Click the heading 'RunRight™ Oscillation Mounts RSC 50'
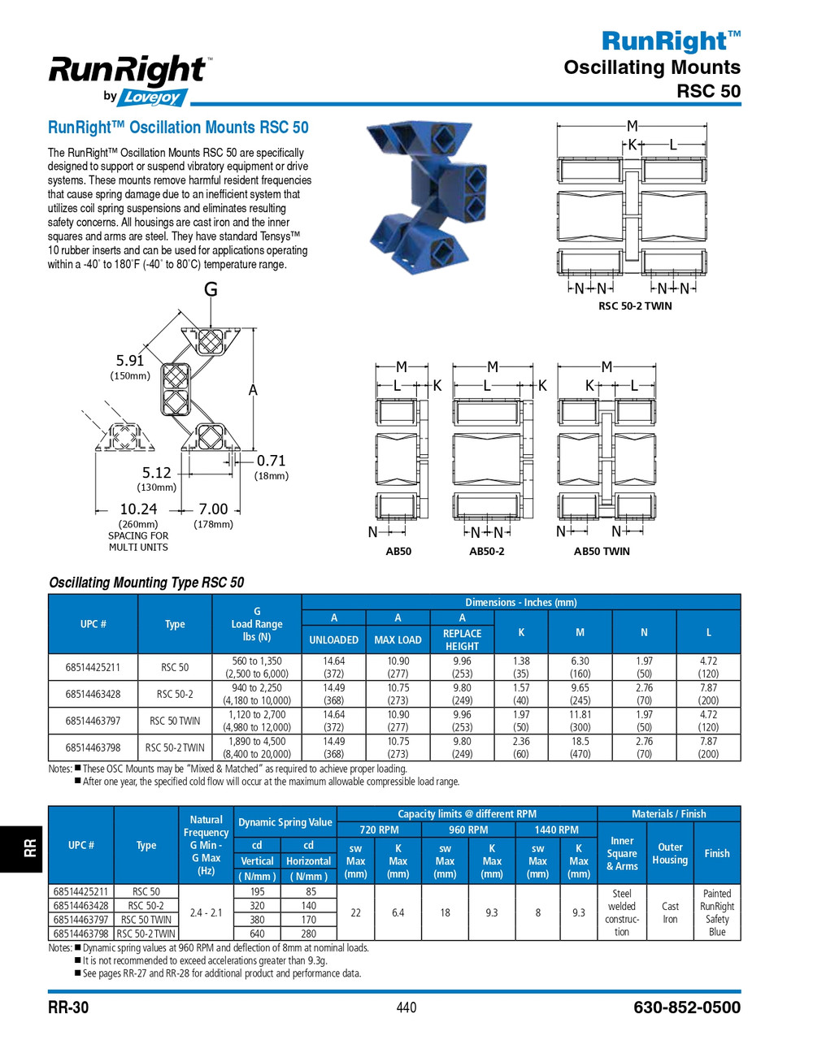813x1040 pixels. pos(178,128)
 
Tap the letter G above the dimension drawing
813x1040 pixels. pos(211,289)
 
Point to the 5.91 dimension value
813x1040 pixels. pos(130,360)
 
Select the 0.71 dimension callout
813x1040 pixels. pos(272,461)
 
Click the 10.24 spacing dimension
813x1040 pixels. pos(137,509)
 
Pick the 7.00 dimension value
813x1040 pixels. pos(213,509)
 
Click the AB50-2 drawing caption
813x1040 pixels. pos(486,551)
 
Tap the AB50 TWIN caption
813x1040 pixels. pos(602,551)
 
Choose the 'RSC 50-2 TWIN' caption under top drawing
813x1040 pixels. pos(635,305)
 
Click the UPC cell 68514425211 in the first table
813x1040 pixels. pos(93,667)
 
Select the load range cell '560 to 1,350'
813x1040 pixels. pos(257,661)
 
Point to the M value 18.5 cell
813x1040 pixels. pos(580,742)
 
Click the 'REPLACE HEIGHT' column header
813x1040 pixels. pos(462,639)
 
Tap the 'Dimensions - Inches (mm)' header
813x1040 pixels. pos(521,602)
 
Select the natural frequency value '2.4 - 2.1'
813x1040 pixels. pos(206,912)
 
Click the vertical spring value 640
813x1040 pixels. pos(257,934)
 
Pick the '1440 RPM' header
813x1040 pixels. pos(556,830)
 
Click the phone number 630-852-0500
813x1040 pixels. pos(686,1007)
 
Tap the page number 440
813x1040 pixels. pos(406,1007)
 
